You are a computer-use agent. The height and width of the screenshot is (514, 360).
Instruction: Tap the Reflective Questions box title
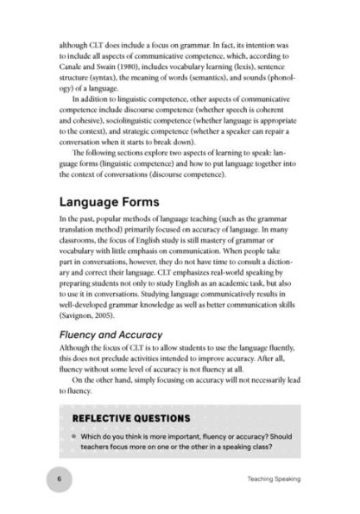(x=125, y=417)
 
